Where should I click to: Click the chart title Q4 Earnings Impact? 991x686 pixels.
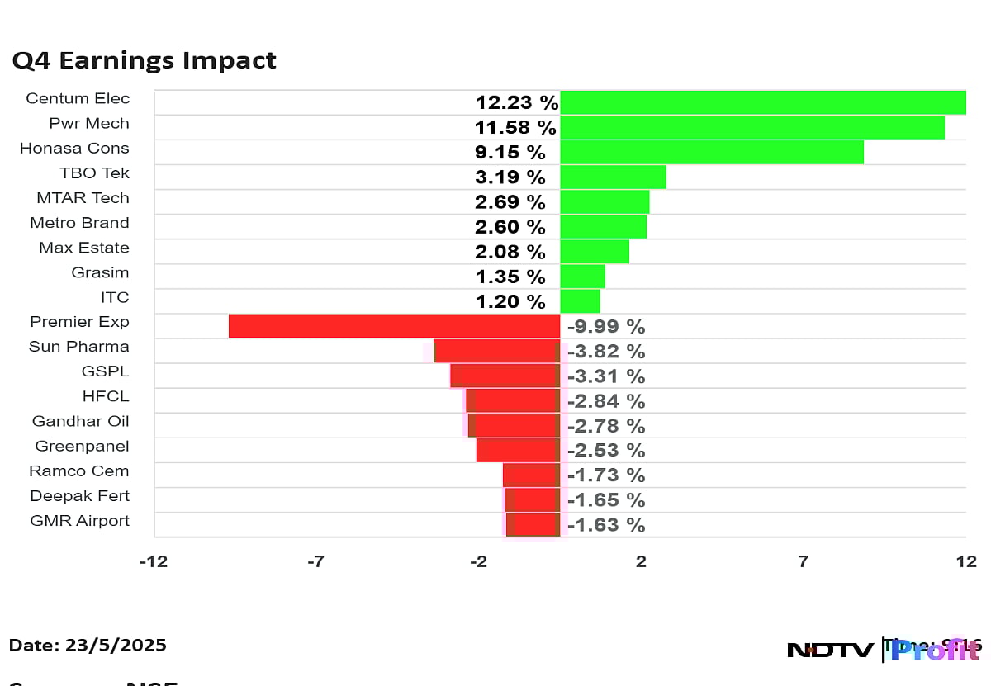[144, 61]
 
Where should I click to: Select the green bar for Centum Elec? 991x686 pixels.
[762, 102]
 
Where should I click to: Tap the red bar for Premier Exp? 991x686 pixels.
[394, 326]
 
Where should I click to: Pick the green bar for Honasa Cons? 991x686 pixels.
[711, 152]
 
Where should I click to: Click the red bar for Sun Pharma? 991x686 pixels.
[496, 351]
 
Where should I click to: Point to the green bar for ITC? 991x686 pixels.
[580, 300]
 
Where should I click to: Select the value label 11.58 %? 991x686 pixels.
[515, 128]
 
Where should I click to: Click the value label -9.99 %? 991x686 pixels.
[606, 327]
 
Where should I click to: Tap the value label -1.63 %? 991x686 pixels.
[606, 525]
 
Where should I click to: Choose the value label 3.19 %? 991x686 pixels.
[510, 177]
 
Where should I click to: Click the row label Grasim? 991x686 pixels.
[101, 272]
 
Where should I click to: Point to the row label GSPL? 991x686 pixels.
[106, 371]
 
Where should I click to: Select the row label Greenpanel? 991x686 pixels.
[82, 446]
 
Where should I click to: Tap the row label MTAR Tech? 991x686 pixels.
[83, 198]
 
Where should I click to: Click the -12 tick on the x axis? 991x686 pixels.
[154, 562]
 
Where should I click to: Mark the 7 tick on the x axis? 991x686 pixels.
[804, 562]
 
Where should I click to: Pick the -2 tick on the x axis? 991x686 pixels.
[478, 562]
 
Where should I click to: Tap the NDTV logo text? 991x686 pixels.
[830, 651]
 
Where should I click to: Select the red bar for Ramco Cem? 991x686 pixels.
[531, 475]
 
